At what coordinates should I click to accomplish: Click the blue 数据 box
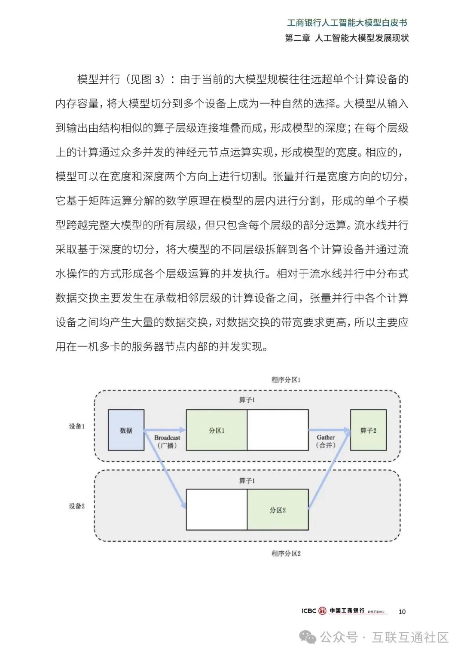126,430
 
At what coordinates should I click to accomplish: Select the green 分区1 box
217,430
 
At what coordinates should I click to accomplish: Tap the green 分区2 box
278,510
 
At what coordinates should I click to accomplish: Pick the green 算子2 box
368,430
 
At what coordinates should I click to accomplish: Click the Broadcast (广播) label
167,441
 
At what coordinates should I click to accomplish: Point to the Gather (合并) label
326,441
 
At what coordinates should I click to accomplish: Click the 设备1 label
77,426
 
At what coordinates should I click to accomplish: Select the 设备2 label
77,506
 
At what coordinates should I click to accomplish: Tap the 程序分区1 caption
286,380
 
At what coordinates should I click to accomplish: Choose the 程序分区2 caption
286,553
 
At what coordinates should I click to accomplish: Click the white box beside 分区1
278,430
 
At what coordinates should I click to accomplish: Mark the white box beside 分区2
217,510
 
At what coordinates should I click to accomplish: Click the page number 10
402,611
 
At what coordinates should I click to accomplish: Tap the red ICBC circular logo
322,611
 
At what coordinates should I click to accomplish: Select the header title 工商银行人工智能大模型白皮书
347,23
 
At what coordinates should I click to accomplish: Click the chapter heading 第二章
298,38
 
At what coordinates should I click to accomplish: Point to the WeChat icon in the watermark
308,638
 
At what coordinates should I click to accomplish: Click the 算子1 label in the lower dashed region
247,481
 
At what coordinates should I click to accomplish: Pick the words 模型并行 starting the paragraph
99,79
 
